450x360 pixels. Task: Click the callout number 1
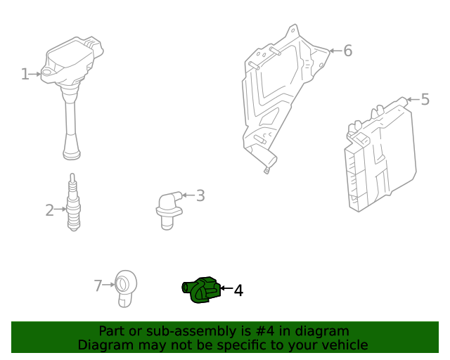[25, 74]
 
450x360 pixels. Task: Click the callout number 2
[49, 210]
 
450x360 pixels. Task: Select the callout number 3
[200, 195]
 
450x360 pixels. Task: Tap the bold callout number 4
[238, 290]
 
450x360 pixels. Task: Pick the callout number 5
[425, 100]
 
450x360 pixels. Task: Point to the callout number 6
[347, 51]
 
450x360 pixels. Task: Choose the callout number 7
[98, 285]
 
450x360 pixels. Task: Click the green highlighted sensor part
[201, 290]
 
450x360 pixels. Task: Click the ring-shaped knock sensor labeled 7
[127, 285]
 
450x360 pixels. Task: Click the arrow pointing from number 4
[226, 288]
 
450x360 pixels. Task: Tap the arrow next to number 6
[335, 51]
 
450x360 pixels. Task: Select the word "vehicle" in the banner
[343, 345]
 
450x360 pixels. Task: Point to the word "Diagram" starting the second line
[105, 345]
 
